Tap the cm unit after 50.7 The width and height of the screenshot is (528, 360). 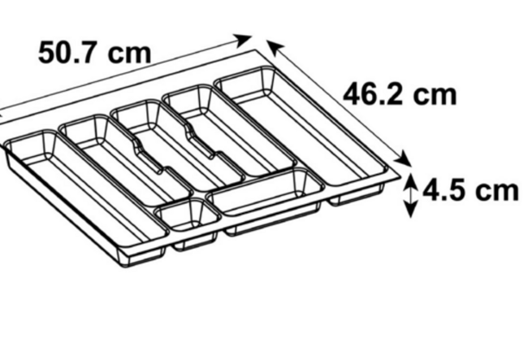coord(130,54)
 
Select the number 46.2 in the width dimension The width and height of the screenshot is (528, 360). coord(372,94)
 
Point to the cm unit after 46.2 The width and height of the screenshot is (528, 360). coord(435,96)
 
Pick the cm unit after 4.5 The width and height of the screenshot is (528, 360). coord(496,191)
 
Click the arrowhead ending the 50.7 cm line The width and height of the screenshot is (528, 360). coord(242,40)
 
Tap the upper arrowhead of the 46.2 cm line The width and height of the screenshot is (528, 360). coord(275,47)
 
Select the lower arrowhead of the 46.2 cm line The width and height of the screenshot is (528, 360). coord(403,158)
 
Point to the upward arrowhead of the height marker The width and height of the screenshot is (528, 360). coord(410,181)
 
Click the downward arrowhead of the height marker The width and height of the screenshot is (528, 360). coord(410,209)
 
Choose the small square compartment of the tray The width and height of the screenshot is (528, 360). coord(187,214)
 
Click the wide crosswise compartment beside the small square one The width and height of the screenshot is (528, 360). coord(266,192)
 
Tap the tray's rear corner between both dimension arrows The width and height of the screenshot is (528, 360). coord(257,50)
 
